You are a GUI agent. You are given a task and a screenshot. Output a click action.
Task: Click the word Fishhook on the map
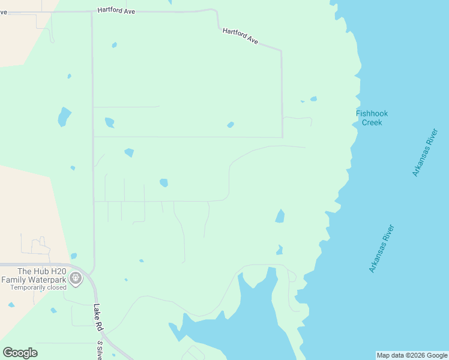pos(372,113)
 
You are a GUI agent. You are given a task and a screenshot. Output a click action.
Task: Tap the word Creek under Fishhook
pos(372,122)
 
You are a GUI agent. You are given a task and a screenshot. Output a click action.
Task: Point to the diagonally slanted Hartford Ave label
pos(240,36)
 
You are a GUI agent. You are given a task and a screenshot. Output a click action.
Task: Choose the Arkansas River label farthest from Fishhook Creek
pos(382,248)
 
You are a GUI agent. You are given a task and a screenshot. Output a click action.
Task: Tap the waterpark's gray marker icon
pos(75,277)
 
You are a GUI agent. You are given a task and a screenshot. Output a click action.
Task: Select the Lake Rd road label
pos(98,317)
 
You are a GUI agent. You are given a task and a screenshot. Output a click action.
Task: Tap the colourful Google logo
pos(20,353)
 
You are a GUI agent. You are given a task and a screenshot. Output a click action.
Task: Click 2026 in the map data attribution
pos(416,355)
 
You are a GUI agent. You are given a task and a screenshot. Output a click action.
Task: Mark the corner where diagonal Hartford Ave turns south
pos(281,51)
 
